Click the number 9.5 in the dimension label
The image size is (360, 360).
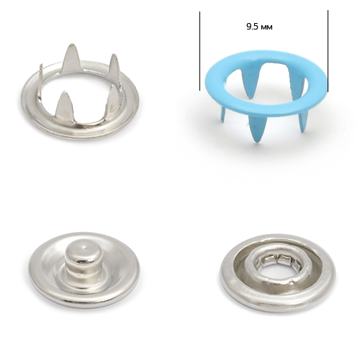tap(252, 27)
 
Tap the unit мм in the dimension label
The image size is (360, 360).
tap(266, 27)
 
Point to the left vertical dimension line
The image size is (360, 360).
tap(199, 51)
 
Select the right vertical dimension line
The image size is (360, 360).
tap(328, 51)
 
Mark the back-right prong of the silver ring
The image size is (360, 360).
tap(114, 66)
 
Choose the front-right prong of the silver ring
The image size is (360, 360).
tap(114, 98)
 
